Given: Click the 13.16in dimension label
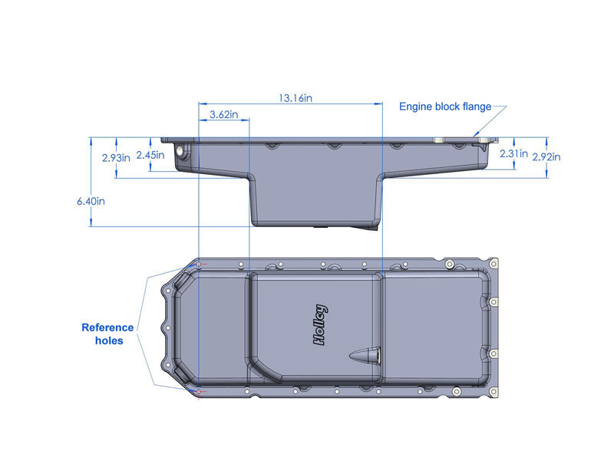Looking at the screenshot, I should tap(295, 98).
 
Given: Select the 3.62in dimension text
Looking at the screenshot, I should tap(223, 115).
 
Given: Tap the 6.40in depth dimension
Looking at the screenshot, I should tap(90, 201).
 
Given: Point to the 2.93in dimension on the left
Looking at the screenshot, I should tap(116, 157).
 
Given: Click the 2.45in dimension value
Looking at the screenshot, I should tap(150, 155).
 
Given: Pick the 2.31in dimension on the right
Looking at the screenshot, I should tap(513, 154).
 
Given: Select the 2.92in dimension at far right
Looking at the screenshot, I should tap(546, 157).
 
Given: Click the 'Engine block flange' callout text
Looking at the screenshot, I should tap(444, 107).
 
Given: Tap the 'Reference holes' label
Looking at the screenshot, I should tap(107, 334).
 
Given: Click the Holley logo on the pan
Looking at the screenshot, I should tap(321, 326).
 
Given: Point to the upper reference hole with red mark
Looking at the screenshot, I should tap(200, 265).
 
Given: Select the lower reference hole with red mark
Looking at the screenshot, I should tap(200, 392).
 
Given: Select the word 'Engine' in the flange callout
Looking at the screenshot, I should tap(417, 107).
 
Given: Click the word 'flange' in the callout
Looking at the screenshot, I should tap(476, 107).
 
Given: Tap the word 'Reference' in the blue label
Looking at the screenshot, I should tap(107, 328).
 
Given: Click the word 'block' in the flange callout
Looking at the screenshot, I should tap(449, 107).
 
